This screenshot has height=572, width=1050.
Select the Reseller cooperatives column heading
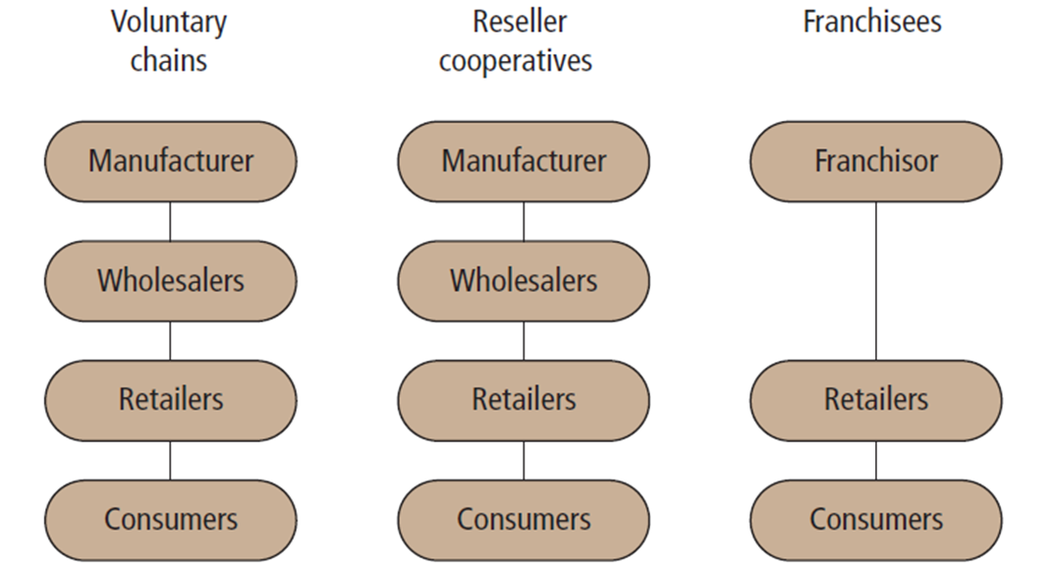tap(517, 40)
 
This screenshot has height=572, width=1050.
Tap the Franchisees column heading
tap(872, 23)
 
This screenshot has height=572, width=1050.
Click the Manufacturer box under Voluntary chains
tap(171, 161)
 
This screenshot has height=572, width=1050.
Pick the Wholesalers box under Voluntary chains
tap(171, 281)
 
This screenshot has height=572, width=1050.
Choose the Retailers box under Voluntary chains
tap(171, 400)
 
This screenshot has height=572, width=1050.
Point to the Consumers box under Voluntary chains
tap(171, 519)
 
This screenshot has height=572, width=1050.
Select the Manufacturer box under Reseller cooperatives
tap(524, 161)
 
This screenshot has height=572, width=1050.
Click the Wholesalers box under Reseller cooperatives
tap(524, 281)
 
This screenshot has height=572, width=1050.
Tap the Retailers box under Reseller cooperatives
tap(524, 400)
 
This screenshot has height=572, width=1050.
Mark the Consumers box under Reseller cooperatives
tap(524, 519)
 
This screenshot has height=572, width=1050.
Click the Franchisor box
tap(876, 161)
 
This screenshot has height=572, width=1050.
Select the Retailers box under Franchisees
tap(876, 400)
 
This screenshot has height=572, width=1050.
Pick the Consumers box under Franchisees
tap(876, 519)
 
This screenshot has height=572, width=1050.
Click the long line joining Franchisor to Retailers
tap(876, 281)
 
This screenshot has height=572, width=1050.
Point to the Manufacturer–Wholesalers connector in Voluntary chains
tap(171, 221)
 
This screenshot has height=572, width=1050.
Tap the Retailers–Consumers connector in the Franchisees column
tap(876, 460)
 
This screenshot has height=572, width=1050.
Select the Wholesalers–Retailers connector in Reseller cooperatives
tap(524, 341)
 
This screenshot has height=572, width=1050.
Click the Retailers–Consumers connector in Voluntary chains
tap(171, 460)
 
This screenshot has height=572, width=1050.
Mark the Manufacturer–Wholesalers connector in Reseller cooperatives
tap(524, 221)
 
